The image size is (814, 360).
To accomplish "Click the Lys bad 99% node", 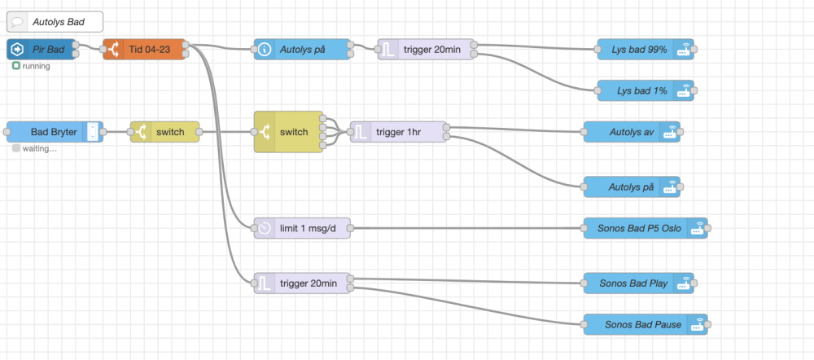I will (639, 50).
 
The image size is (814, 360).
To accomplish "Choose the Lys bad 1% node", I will (639, 90).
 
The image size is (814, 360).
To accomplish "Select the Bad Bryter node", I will (53, 131).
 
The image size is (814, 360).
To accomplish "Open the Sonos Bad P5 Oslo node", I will (639, 228).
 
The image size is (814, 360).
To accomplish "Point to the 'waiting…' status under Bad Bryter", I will (37, 148).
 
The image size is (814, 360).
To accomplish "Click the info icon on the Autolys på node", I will (265, 50).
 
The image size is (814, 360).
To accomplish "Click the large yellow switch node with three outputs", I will (288, 131).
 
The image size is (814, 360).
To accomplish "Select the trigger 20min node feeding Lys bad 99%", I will (427, 50).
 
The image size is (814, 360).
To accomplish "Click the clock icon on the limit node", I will (265, 228).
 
